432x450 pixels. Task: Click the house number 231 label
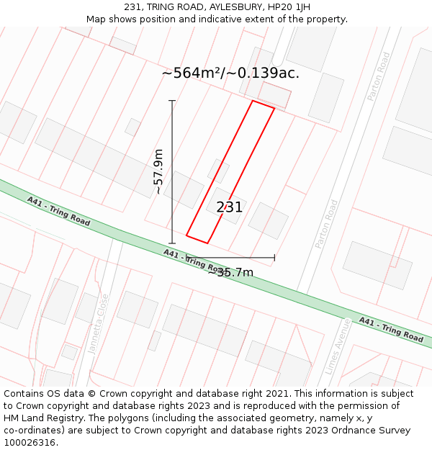click(x=229, y=207)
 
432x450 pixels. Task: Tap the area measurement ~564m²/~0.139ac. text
click(x=230, y=73)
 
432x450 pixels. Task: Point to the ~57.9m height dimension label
click(x=158, y=171)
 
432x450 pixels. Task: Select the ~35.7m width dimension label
click(x=230, y=272)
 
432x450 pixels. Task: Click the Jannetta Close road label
click(x=98, y=323)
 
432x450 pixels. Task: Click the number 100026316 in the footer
click(x=30, y=443)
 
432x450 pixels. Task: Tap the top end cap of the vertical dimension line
click(x=172, y=101)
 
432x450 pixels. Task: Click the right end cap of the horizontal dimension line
click(x=274, y=257)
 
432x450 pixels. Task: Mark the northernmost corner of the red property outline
click(x=253, y=101)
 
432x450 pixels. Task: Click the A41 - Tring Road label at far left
click(x=58, y=211)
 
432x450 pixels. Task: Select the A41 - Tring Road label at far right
click(x=391, y=329)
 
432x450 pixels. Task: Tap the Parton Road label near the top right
click(x=378, y=76)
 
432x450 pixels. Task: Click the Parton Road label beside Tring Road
click(x=326, y=224)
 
